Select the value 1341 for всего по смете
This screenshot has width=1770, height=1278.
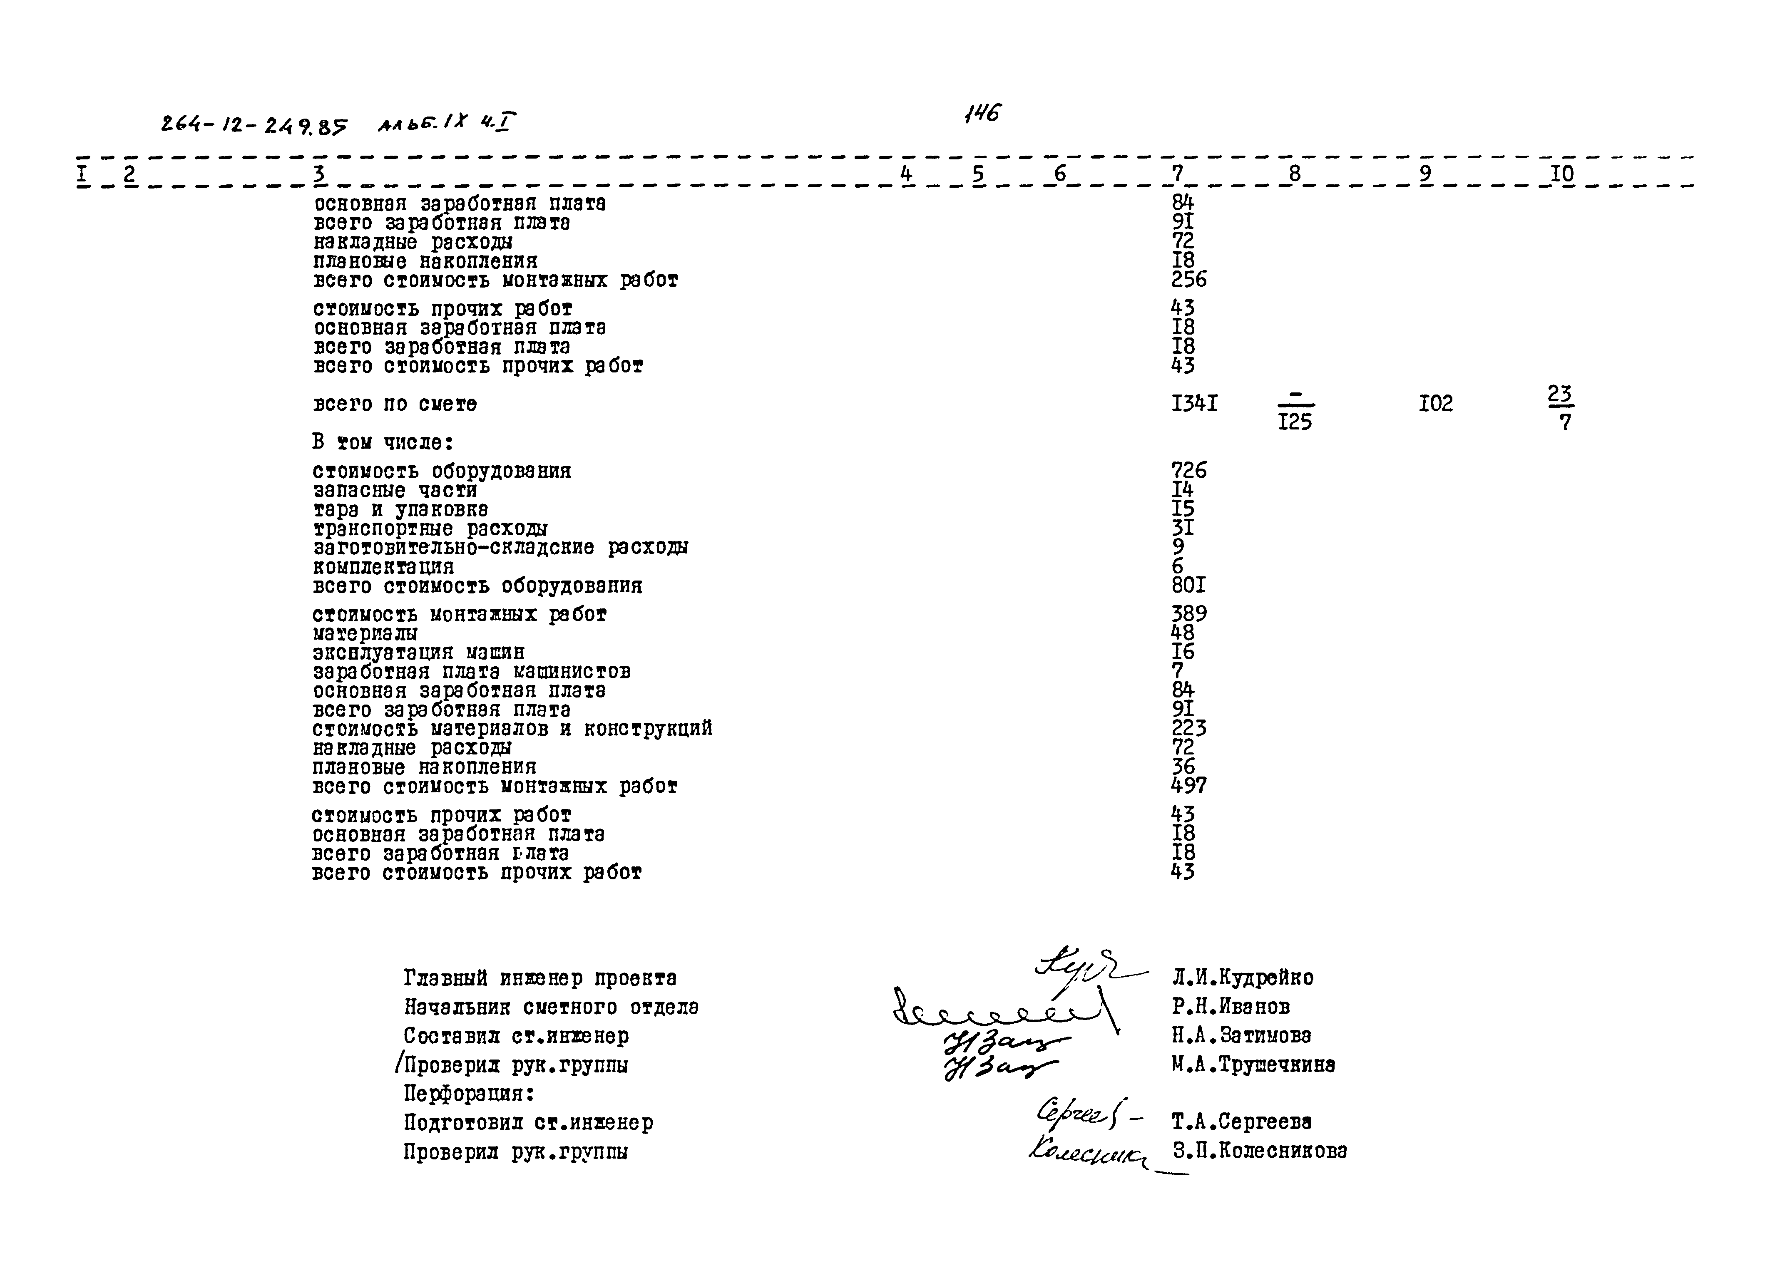(x=1194, y=403)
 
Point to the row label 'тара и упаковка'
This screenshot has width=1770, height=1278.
(x=400, y=509)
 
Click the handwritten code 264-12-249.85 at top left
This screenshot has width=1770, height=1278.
(x=254, y=125)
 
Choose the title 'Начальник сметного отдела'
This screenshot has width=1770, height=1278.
(x=551, y=1007)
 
